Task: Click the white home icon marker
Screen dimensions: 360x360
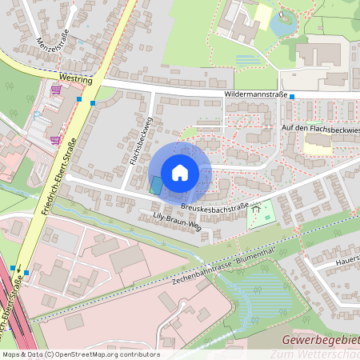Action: (x=180, y=173)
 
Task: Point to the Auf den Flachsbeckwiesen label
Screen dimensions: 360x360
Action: (x=316, y=128)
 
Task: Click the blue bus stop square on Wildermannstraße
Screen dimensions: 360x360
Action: (x=292, y=97)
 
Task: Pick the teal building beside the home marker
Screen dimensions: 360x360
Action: (x=156, y=185)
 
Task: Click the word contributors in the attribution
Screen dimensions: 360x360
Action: (x=139, y=354)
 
